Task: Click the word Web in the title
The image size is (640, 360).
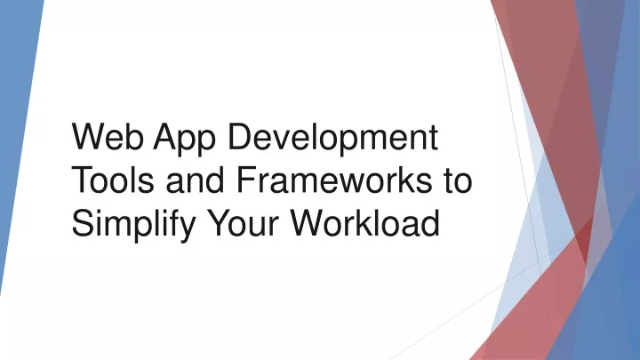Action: pos(108,136)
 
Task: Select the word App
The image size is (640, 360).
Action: pos(184,140)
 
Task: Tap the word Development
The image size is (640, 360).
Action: pos(332,140)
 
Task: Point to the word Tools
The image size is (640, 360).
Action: pos(113,180)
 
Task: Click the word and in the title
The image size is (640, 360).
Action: pos(195,180)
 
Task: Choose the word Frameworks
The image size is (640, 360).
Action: pos(334,180)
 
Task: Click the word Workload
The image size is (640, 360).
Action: pos(365,222)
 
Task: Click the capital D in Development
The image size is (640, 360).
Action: pos(240,136)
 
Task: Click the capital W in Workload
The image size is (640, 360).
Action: pos(309,222)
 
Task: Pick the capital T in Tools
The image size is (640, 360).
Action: pos(84,179)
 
